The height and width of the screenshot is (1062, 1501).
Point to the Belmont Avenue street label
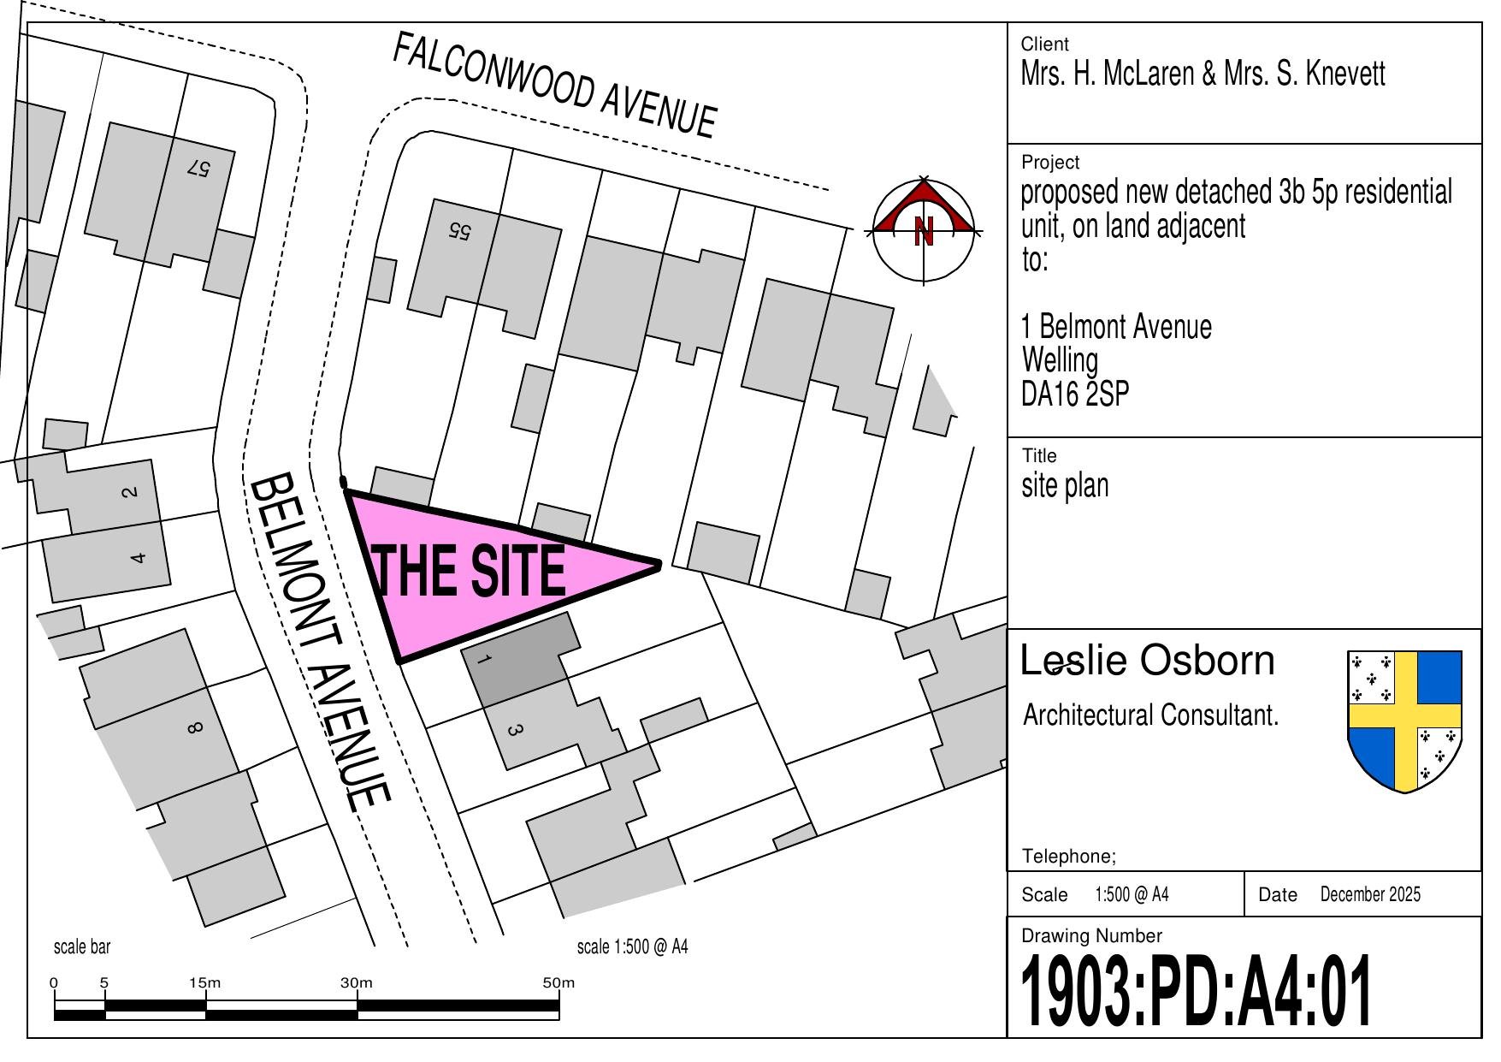(x=321, y=642)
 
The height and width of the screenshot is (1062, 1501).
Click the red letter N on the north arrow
(x=924, y=231)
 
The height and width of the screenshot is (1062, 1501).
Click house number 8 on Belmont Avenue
(x=194, y=728)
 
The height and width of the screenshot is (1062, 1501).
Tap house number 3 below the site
(x=514, y=730)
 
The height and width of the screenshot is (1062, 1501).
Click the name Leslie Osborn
(x=1148, y=661)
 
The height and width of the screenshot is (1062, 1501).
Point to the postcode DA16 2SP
(x=1075, y=394)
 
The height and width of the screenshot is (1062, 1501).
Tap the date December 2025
(x=1370, y=894)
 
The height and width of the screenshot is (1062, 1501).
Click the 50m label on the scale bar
(x=558, y=982)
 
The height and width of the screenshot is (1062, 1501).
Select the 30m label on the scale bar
(x=357, y=982)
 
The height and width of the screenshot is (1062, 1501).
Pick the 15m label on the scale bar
(x=205, y=982)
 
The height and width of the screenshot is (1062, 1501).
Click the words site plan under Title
(x=1065, y=485)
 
